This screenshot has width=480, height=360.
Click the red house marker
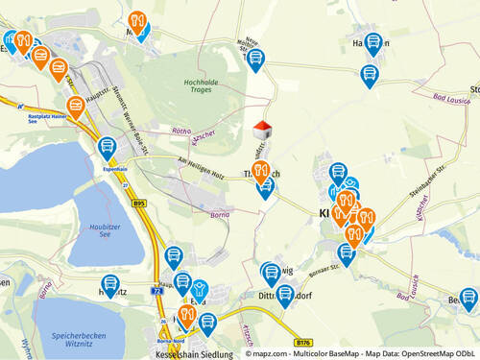261,129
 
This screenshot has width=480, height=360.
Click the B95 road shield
139,204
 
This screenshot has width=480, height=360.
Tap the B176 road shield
304,342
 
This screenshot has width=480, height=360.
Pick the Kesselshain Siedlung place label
189,353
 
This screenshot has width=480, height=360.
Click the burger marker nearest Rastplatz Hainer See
75,106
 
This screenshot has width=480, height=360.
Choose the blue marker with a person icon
200,289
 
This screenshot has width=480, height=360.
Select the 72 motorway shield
156,287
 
